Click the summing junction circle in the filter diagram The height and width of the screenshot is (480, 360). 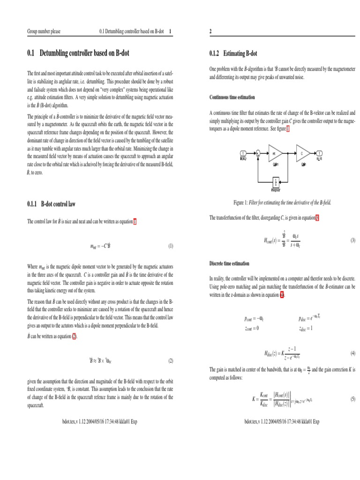(x=257, y=153)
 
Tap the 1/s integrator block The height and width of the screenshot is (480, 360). (x=276, y=181)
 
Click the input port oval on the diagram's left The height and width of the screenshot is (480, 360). (x=243, y=153)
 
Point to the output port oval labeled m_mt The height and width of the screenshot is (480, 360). (x=319, y=153)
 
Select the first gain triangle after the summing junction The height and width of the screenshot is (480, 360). (x=274, y=153)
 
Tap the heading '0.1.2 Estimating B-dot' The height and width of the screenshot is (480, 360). (x=233, y=53)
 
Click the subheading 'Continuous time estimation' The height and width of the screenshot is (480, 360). (x=232, y=97)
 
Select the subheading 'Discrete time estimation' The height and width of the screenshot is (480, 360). (x=229, y=263)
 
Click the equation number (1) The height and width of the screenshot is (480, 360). (x=171, y=246)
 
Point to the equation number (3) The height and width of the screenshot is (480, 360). (x=353, y=240)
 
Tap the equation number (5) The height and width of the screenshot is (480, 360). (x=353, y=399)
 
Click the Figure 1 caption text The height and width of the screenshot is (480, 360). (x=282, y=202)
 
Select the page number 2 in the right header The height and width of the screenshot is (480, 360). (x=210, y=31)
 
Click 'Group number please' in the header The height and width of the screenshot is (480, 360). (x=43, y=31)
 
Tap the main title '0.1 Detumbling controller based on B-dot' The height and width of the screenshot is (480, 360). (x=78, y=53)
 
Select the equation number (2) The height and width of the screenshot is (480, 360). (x=171, y=361)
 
